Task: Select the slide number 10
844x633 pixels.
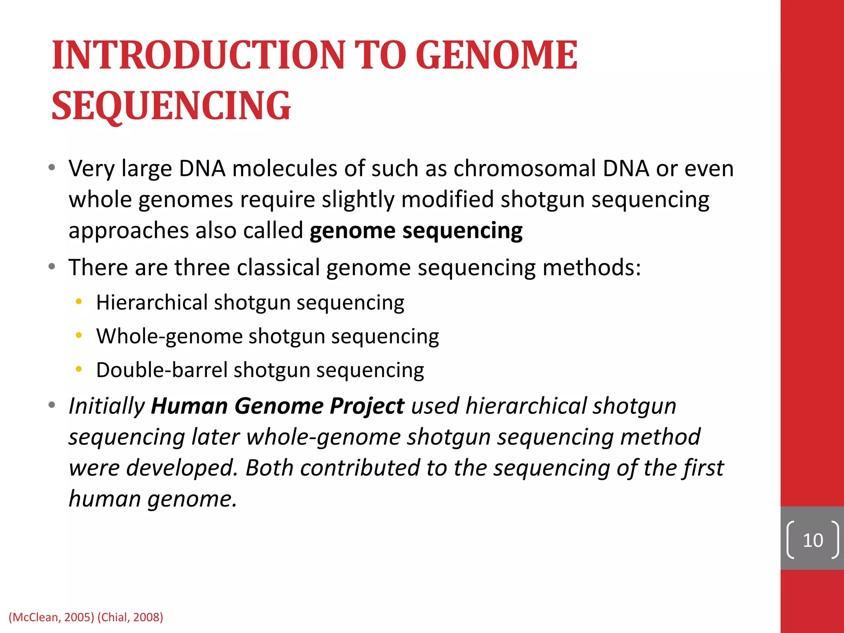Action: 812,540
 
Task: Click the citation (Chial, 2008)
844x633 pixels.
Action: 130,617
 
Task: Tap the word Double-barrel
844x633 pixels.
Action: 162,370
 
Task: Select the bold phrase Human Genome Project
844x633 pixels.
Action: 277,406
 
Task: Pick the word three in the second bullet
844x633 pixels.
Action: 202,267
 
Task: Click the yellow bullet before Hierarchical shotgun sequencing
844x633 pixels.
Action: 79,302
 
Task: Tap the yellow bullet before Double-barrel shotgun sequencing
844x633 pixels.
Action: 79,369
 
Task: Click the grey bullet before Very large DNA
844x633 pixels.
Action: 52,168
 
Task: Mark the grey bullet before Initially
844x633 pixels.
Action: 52,405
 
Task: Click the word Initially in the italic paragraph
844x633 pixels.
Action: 106,406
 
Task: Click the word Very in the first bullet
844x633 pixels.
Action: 91,169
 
